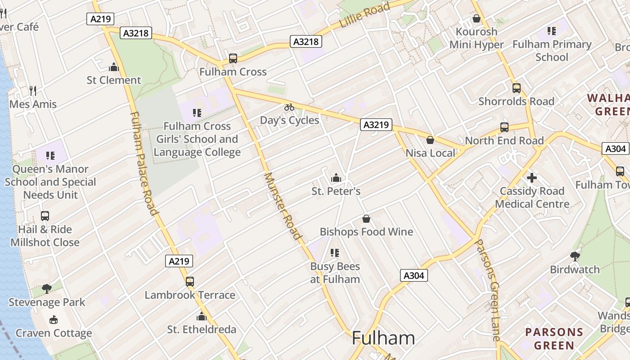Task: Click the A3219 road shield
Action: click(376, 125)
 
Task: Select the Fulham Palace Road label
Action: click(144, 163)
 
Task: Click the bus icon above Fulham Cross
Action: click(233, 58)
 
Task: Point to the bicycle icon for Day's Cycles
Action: click(289, 107)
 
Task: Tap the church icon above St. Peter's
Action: click(336, 178)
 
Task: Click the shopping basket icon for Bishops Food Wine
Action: click(366, 219)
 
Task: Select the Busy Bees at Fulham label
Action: click(335, 273)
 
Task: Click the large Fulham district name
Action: click(383, 338)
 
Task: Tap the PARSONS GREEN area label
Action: click(554, 339)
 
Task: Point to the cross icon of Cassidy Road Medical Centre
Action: click(532, 178)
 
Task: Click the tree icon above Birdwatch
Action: click(575, 256)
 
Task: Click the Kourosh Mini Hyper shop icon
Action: click(477, 18)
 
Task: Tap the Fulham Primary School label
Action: click(552, 50)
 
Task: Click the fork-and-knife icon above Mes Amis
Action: click(33, 91)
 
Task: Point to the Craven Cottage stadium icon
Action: click(54, 320)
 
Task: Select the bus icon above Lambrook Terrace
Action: click(190, 282)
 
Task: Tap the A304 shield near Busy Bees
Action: click(414, 275)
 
